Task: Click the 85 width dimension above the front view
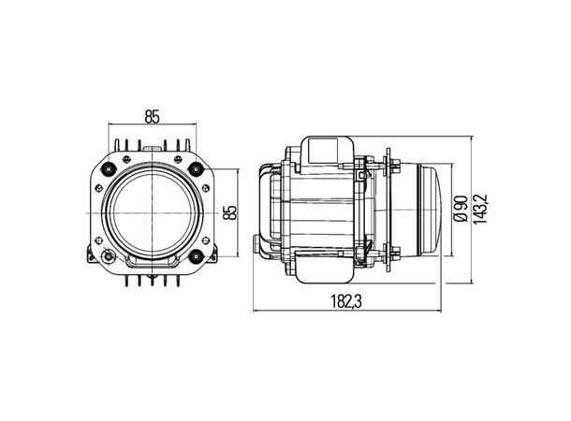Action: click(153, 116)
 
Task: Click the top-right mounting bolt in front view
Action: click(196, 168)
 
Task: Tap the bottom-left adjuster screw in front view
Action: click(110, 256)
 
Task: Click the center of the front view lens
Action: click(153, 212)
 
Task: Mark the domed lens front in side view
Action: click(434, 212)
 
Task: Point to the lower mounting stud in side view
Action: click(396, 254)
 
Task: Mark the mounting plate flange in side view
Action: click(386, 212)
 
